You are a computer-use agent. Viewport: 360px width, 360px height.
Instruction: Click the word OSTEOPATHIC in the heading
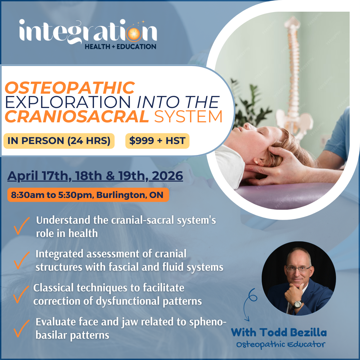click(70, 88)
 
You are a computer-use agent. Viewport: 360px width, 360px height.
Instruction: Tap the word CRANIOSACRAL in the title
click(77, 117)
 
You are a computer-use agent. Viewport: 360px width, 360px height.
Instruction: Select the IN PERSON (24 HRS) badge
click(59, 141)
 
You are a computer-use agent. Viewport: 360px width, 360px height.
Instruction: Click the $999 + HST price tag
click(157, 141)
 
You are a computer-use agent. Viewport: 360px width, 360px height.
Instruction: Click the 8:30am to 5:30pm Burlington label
click(87, 195)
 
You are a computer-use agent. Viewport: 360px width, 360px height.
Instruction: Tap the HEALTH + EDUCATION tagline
click(120, 47)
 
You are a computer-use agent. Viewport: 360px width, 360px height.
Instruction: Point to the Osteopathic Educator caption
click(280, 344)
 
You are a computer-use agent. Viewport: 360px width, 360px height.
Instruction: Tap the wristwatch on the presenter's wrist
click(297, 304)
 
